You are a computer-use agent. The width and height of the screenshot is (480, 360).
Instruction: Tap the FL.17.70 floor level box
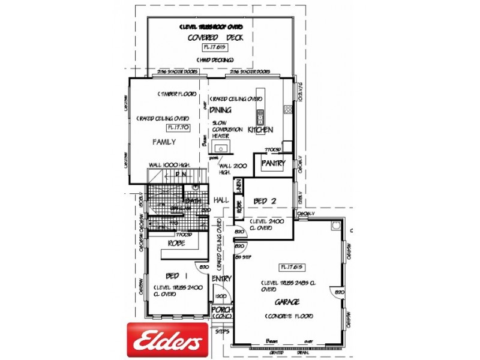(x=178, y=127)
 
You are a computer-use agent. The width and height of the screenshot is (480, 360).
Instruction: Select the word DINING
(x=220, y=110)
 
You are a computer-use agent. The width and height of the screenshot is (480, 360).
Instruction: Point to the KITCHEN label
(x=260, y=130)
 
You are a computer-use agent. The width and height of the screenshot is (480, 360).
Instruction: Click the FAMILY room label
(x=163, y=142)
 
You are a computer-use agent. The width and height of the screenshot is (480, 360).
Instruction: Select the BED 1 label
(x=173, y=275)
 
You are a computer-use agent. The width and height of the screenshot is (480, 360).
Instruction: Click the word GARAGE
(x=287, y=302)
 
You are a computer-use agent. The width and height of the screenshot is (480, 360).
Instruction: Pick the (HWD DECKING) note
(x=215, y=60)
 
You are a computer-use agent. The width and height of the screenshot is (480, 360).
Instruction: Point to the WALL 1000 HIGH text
(x=170, y=165)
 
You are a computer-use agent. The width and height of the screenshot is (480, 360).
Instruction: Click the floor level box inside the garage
(x=291, y=267)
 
